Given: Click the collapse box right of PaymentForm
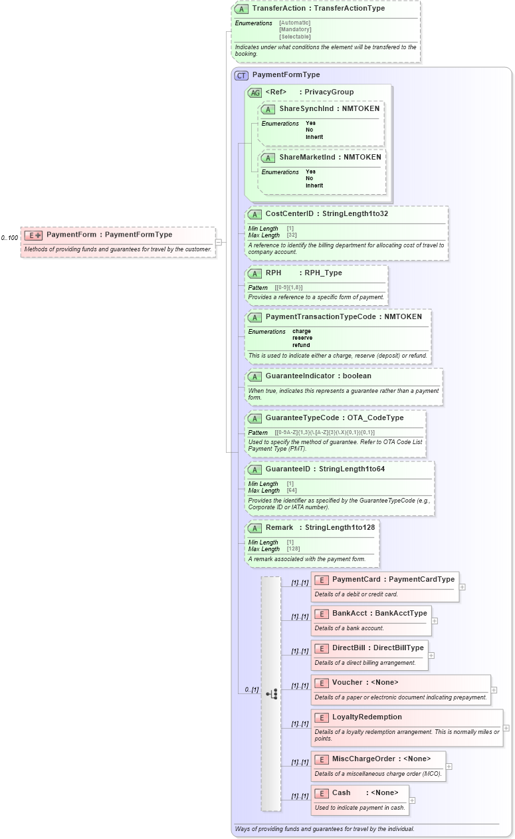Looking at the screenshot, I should [219, 243].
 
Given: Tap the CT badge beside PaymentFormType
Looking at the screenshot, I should [241, 75].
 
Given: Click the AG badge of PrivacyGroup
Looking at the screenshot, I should [255, 92].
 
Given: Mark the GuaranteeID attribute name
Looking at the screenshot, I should [290, 469].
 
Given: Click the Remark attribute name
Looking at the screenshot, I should [279, 528].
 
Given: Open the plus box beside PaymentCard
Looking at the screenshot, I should [463, 587].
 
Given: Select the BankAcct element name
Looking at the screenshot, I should [349, 614].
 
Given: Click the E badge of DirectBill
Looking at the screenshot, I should [321, 648].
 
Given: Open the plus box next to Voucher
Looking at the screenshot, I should [494, 690].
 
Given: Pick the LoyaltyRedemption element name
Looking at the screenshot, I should [367, 717].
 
